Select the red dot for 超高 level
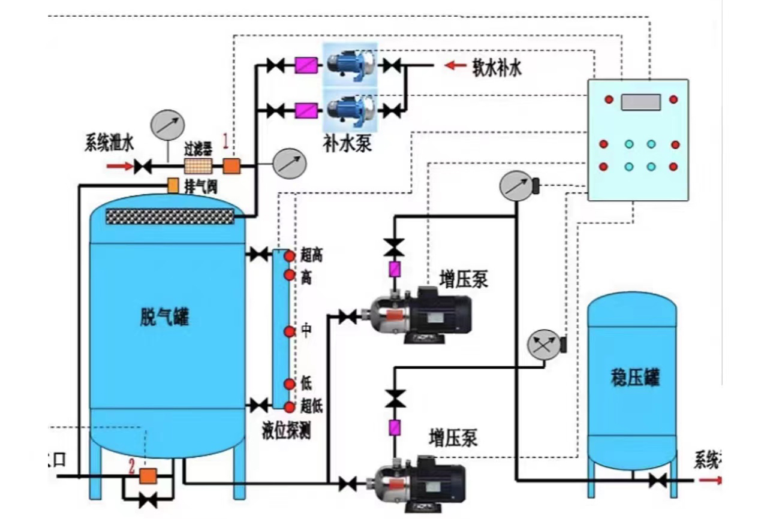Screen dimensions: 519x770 pyautogui.click(x=290, y=257)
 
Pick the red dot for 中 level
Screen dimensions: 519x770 pyautogui.click(x=290, y=331)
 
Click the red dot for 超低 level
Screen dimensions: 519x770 pyautogui.click(x=290, y=408)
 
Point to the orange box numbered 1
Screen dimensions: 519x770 pyautogui.click(x=231, y=166)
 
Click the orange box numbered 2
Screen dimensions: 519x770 pyautogui.click(x=148, y=476)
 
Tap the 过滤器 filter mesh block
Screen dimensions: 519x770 pyautogui.click(x=199, y=166)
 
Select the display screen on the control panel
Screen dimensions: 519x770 pyautogui.click(x=640, y=102)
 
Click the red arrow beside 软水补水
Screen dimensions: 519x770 pyautogui.click(x=455, y=65)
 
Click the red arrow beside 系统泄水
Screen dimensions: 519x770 pyautogui.click(x=118, y=166)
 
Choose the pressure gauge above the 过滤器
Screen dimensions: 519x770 pyautogui.click(x=167, y=125)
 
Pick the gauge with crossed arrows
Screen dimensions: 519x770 pyautogui.click(x=542, y=345)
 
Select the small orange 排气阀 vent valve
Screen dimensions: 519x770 pyautogui.click(x=173, y=186)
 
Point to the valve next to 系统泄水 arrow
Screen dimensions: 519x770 pyautogui.click(x=142, y=166)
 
